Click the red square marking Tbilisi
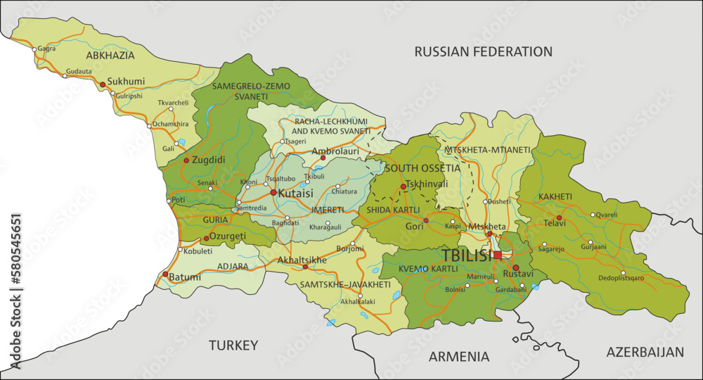[x=498, y=255]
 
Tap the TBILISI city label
[x=467, y=255]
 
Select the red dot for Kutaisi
[x=273, y=192]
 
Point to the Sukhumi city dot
[x=103, y=84]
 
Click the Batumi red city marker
[x=165, y=274]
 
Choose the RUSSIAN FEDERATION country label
[x=483, y=51]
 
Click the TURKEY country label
[x=233, y=345]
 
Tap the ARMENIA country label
[x=459, y=356]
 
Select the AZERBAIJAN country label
[x=645, y=351]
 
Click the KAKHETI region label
[x=555, y=196]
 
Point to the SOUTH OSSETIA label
[x=423, y=168]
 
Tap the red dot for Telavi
[x=559, y=218]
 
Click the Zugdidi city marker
[x=186, y=160]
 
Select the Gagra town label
[x=46, y=49]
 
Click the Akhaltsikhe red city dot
[x=304, y=267]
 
